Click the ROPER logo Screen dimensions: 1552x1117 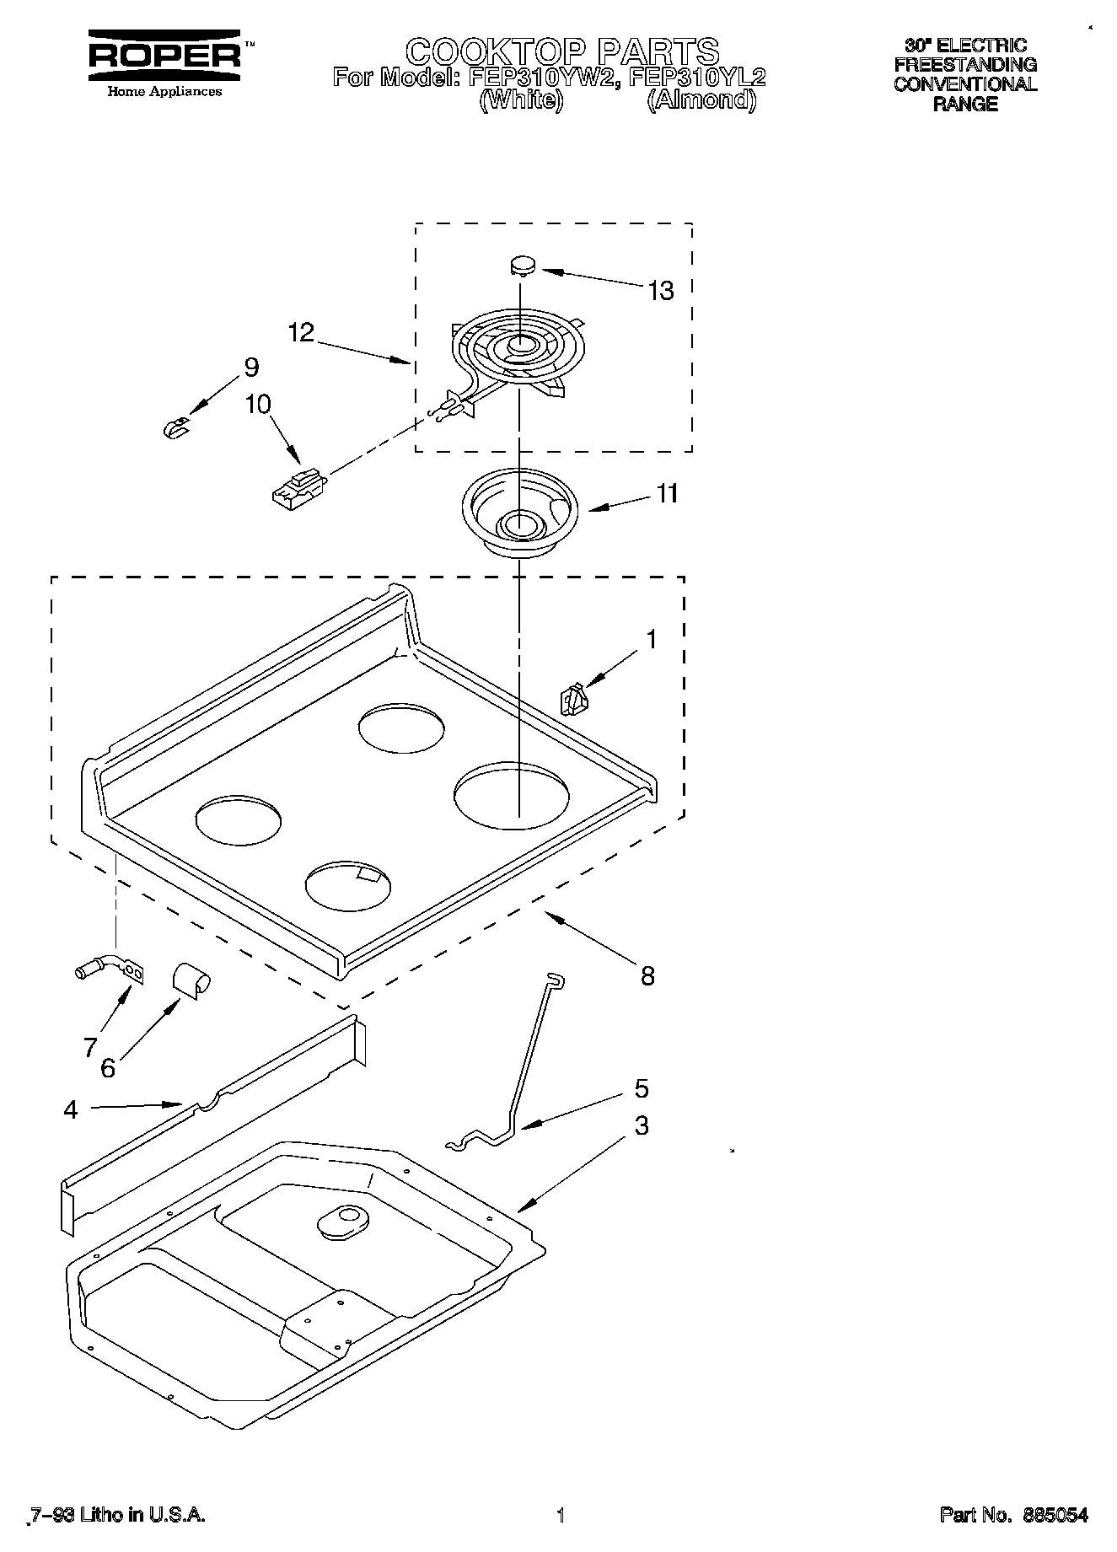165,56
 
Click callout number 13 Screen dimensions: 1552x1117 661,291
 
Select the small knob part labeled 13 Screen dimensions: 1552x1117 522,266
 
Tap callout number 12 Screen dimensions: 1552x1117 301,332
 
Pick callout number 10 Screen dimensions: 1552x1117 258,405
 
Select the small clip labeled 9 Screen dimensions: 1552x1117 175,428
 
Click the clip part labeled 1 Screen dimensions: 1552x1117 573,700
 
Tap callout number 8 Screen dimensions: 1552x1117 647,976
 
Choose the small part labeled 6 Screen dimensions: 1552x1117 191,981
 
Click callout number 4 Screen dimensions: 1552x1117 71,1110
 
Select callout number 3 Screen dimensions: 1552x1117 642,1125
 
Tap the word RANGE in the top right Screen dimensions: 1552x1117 965,105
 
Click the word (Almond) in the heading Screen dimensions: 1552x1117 702,100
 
